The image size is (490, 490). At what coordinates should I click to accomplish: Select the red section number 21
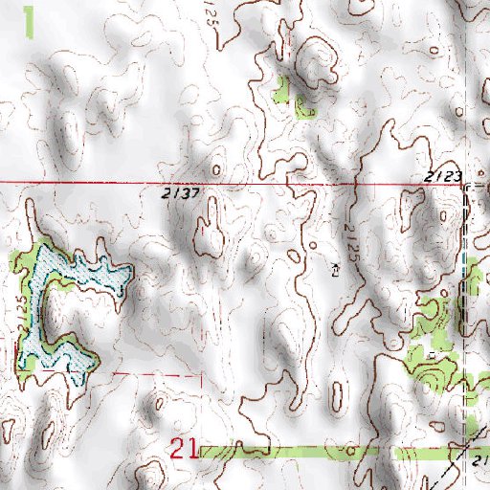coord(184,448)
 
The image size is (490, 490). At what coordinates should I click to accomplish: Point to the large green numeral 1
coord(31,21)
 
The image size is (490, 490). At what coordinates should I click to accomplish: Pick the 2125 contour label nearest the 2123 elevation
coord(351,231)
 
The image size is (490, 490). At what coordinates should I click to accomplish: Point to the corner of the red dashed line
coord(203,374)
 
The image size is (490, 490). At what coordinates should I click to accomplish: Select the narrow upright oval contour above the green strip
coord(337,393)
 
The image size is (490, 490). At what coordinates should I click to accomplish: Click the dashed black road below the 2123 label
coord(466,249)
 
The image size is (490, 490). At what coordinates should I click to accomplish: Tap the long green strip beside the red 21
coord(316,451)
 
